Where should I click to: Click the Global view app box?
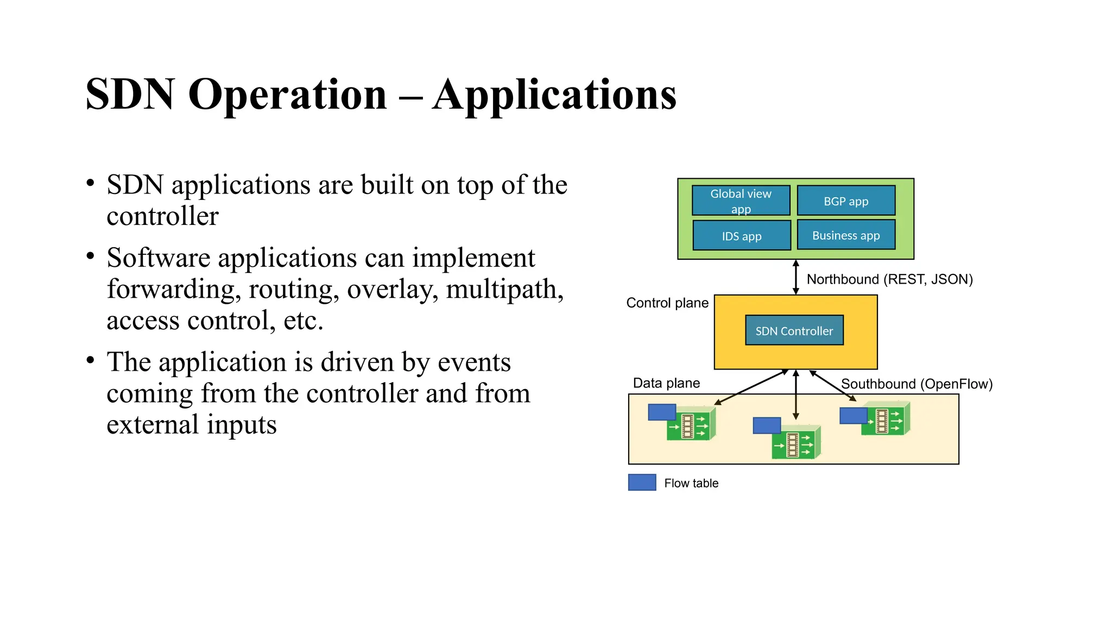[741, 201]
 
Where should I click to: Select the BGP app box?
[845, 201]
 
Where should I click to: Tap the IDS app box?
[741, 236]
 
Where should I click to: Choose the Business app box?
[845, 235]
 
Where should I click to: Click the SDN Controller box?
[794, 330]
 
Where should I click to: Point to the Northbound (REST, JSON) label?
[889, 279]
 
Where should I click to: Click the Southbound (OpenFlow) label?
[917, 384]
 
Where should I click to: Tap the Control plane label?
[667, 303]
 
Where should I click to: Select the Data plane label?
[666, 383]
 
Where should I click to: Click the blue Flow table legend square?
[642, 483]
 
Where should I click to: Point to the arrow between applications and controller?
[795, 277]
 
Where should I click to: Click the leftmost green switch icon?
[690, 424]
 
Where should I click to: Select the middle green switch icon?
[795, 443]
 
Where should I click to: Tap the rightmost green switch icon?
[885, 420]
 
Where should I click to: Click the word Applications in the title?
[554, 95]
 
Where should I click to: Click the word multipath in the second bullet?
[504, 289]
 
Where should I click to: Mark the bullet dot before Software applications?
[91, 255]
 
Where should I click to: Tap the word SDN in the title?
[130, 95]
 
